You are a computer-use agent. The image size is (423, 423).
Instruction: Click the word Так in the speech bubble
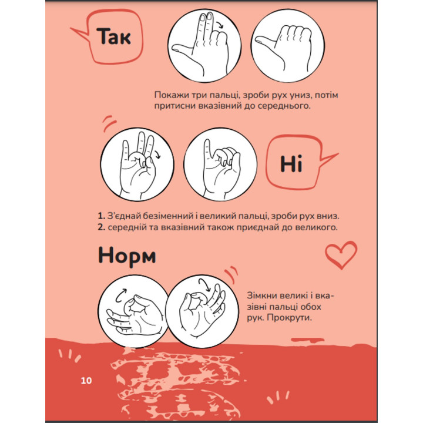pos(114,36)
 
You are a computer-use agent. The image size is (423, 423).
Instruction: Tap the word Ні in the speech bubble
pos(291,164)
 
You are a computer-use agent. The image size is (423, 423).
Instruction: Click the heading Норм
pos(127,256)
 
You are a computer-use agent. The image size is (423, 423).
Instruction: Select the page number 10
pos(86,380)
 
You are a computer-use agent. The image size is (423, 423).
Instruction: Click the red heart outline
pos(341,254)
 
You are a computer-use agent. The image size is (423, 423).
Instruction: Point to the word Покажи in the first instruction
pos(171,95)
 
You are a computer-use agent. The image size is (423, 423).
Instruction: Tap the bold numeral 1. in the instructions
pos(101,216)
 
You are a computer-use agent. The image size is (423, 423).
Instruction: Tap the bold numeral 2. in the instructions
pos(102,227)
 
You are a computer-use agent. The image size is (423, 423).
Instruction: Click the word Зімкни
pos(261,296)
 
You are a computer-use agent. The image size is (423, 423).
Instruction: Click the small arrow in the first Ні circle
pos(157,155)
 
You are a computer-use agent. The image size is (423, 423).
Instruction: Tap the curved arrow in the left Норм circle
pos(120,294)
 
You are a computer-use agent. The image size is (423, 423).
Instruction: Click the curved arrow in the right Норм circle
pos(205,284)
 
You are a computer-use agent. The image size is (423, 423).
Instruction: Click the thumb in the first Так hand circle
pos(182,48)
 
